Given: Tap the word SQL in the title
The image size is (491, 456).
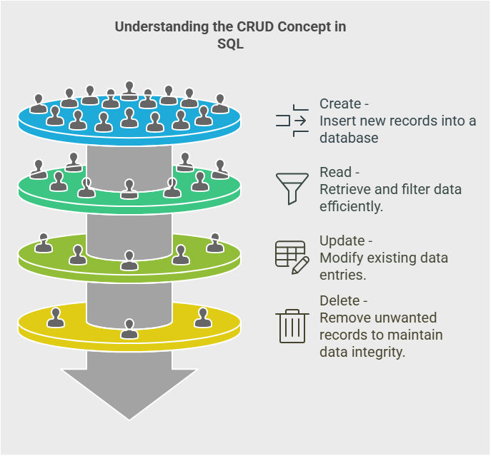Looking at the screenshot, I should (231, 44).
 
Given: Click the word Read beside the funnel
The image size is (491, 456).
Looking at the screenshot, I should (335, 173).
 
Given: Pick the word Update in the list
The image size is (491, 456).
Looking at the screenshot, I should (342, 240).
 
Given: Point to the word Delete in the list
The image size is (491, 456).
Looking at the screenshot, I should (339, 300).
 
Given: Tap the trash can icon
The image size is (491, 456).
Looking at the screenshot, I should (292, 325).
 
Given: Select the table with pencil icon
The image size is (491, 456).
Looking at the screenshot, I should (292, 256).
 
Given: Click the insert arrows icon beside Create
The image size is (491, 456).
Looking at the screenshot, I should (292, 121).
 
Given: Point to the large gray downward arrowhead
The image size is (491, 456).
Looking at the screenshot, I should (129, 392).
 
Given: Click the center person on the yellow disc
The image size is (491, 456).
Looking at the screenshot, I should (129, 329).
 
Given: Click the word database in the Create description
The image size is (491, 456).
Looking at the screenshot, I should (349, 138).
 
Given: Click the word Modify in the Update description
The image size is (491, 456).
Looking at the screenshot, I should (339, 258).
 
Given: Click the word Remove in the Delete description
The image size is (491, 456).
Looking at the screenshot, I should (342, 318).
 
